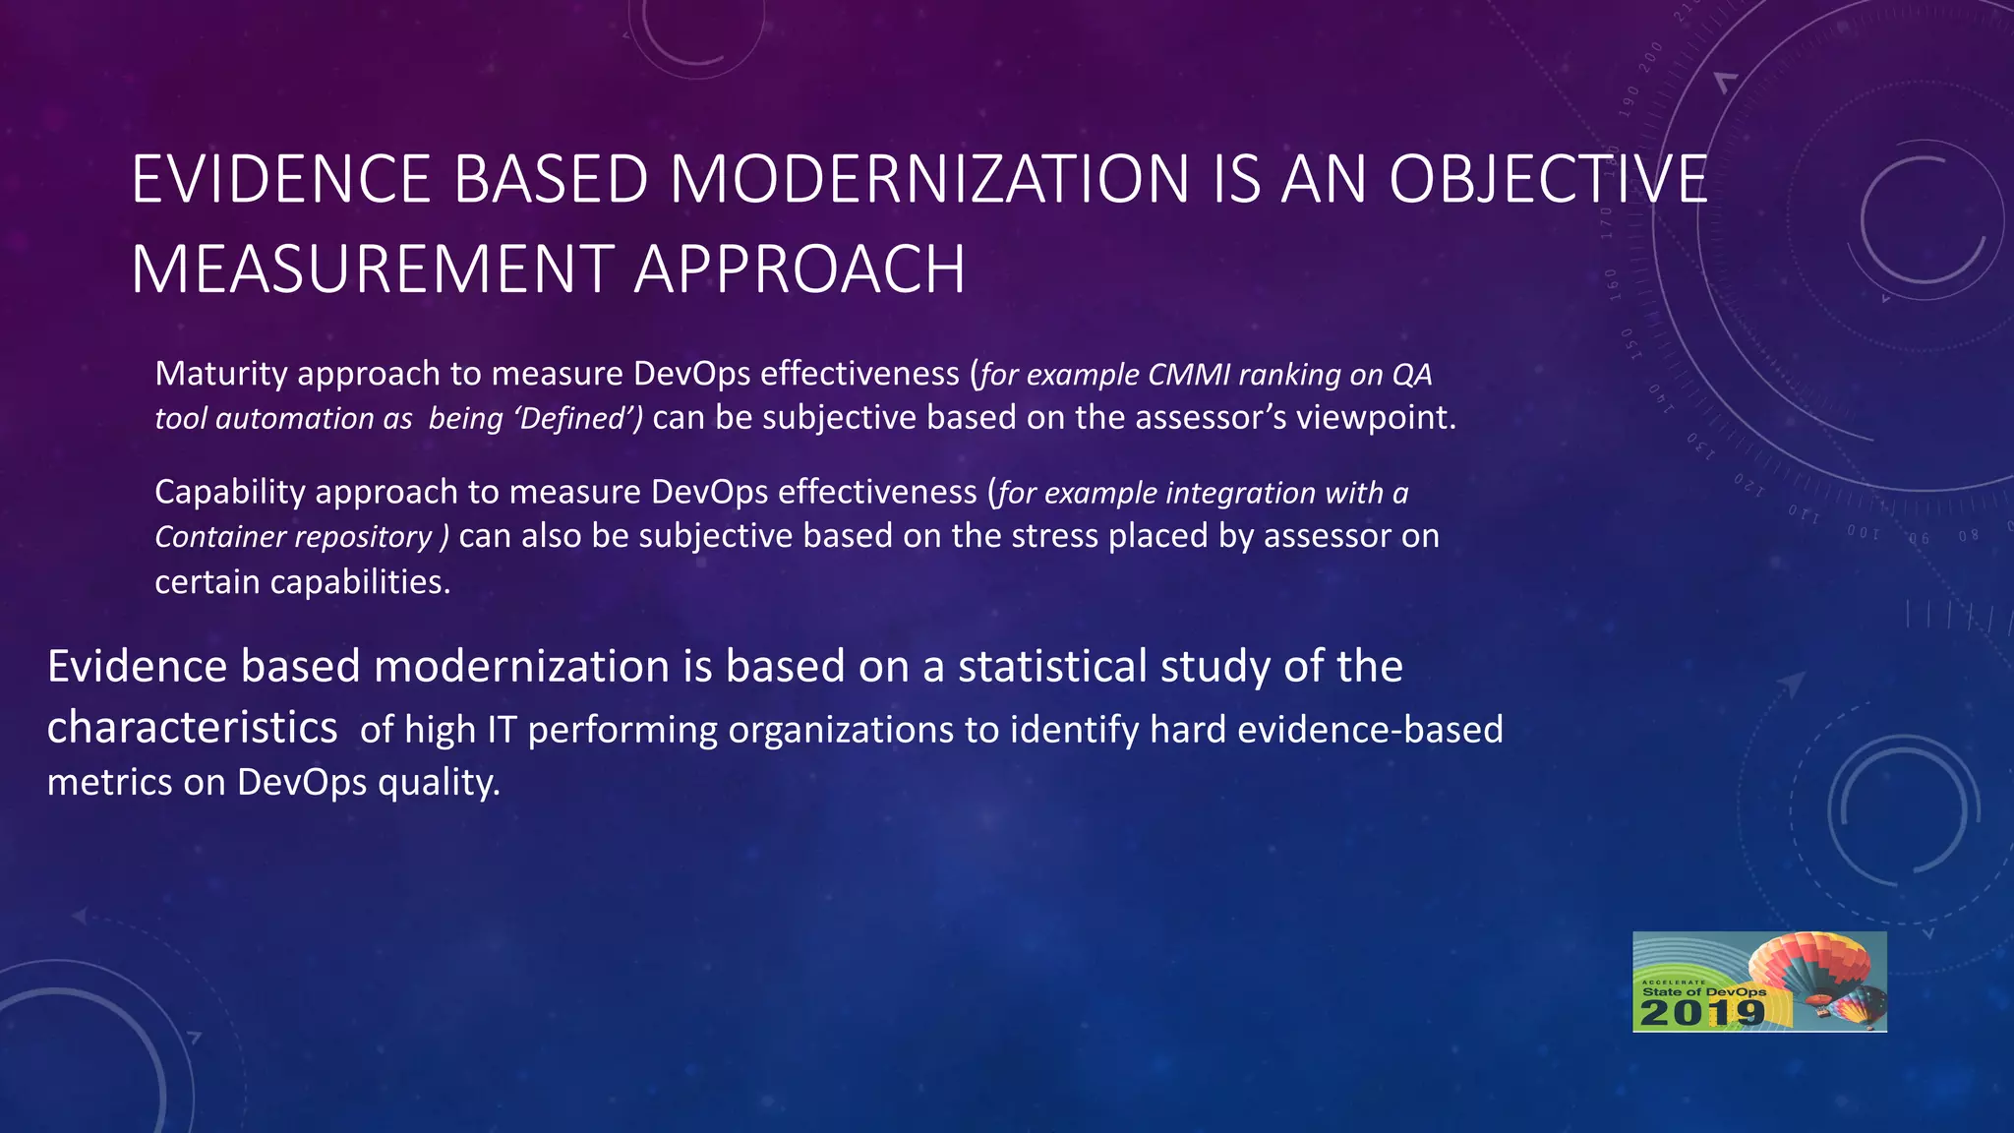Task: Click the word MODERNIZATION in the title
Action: click(929, 180)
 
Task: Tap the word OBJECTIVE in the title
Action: click(1548, 180)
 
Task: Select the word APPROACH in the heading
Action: click(799, 269)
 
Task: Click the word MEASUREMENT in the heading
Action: click(372, 269)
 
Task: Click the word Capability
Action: click(230, 493)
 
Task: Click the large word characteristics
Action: click(193, 728)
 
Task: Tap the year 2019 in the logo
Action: click(1702, 1014)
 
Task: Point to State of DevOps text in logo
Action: click(1703, 992)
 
